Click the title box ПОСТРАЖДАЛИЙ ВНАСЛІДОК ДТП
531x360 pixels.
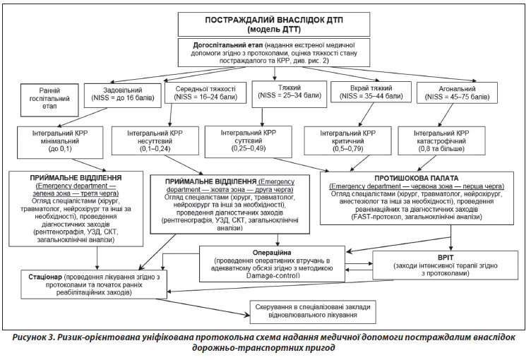[265, 24]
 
